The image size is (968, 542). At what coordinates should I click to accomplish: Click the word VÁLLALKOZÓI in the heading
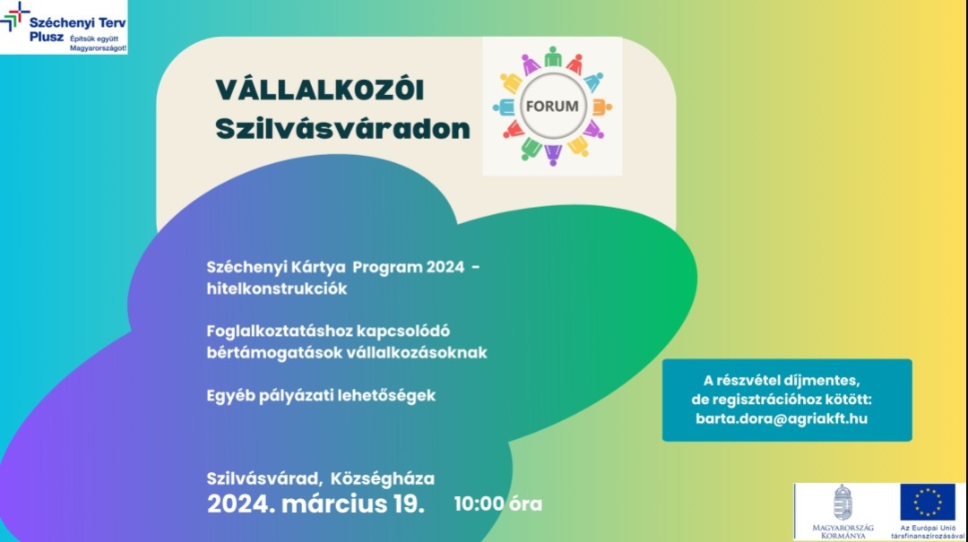pos(320,90)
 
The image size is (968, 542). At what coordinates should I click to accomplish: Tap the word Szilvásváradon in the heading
pos(342,129)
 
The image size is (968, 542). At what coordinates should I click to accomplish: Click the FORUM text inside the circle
pos(552,107)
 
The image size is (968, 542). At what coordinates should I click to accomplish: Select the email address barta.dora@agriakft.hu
pos(781,418)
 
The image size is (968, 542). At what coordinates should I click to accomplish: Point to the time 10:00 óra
pos(498,503)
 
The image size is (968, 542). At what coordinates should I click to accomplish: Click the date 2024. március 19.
pos(315,503)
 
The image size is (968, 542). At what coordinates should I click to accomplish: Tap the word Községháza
pos(382,478)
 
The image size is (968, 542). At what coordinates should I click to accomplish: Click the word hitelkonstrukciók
pos(277,288)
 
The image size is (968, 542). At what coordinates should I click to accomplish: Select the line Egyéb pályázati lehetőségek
pos(321,396)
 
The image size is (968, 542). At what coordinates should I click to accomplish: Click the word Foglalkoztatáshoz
pos(279,331)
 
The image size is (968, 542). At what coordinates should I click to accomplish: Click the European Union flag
pos(928,502)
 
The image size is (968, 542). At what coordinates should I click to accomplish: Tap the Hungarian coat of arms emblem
pos(843,502)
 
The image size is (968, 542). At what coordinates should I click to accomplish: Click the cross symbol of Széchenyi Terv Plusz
pos(15,16)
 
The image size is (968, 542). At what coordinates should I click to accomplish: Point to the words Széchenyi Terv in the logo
pos(78,22)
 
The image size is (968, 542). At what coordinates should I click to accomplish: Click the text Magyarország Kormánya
pos(843,531)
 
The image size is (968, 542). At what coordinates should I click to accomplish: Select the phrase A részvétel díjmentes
pos(781,380)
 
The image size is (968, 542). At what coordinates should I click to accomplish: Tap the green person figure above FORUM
pos(553,56)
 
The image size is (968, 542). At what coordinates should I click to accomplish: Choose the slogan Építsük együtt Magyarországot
pos(99,43)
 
